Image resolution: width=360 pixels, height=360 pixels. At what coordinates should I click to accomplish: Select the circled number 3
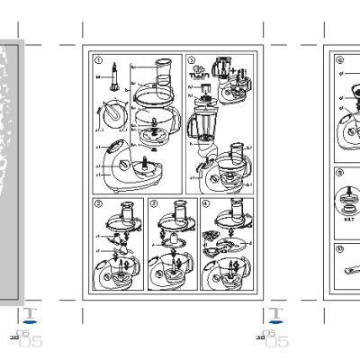[x=154, y=204]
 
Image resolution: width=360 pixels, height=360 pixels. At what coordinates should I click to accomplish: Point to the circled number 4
[x=206, y=204]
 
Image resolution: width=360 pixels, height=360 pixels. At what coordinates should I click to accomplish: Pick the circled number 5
[x=191, y=60]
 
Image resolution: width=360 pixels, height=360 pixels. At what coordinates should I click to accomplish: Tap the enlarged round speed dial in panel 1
[x=114, y=116]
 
